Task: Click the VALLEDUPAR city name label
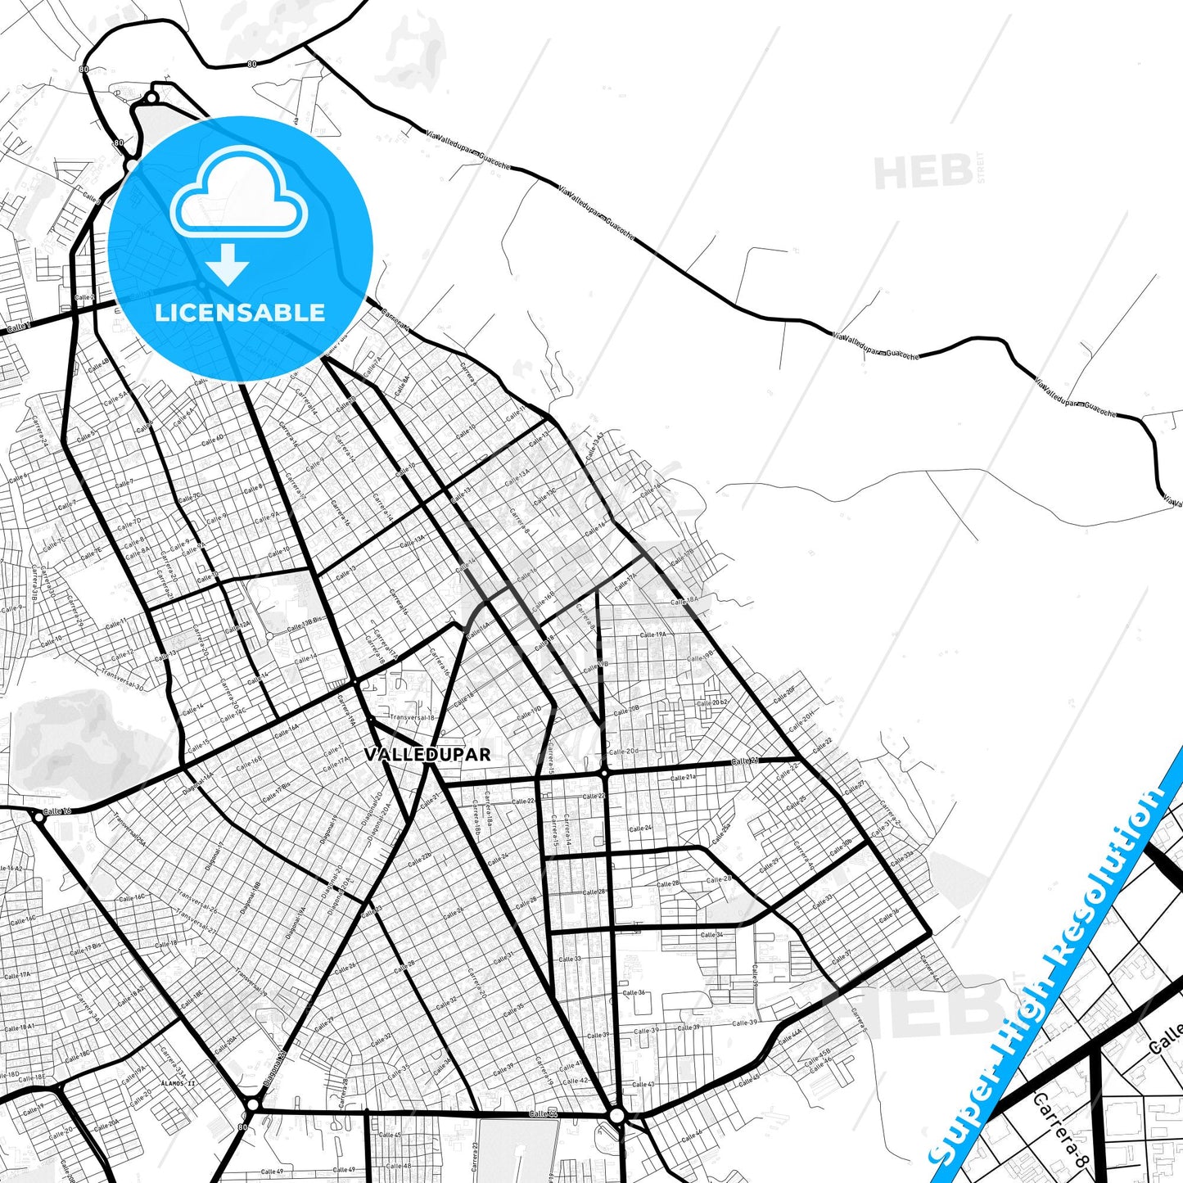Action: [427, 754]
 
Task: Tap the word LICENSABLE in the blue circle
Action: [240, 313]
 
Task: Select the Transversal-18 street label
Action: [412, 717]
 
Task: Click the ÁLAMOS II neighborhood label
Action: [178, 1083]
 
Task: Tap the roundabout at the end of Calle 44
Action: [617, 1115]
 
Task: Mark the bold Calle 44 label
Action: [543, 1113]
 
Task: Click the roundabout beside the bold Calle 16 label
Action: [38, 816]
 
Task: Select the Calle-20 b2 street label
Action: [711, 703]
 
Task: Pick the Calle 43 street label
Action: [643, 1084]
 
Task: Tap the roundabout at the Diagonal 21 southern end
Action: [252, 1104]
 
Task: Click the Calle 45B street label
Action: [817, 1054]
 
